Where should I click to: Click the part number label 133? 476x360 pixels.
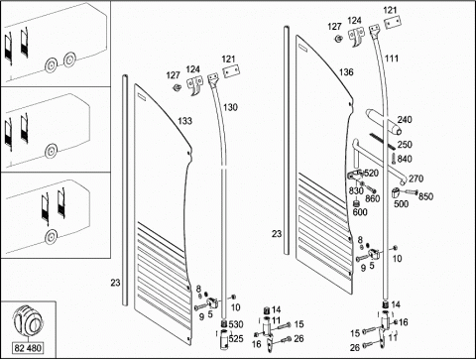tap(184, 121)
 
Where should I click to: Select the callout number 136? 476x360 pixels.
tap(346, 72)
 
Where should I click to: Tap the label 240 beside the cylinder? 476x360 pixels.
tap(405, 119)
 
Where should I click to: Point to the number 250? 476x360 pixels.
tap(405, 145)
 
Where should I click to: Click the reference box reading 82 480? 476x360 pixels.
tap(28, 348)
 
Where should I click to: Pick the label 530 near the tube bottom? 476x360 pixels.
tap(236, 324)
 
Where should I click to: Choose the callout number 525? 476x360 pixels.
tap(236, 338)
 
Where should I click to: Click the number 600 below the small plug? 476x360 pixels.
tap(360, 212)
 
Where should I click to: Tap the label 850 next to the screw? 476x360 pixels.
tap(425, 196)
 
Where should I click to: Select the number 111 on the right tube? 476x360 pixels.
tap(392, 59)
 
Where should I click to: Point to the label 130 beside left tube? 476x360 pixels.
tap(230, 107)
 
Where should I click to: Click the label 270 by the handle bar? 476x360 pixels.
tap(416, 179)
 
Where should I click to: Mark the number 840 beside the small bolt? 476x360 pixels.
tap(405, 159)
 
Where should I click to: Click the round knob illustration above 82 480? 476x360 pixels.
tap(28, 321)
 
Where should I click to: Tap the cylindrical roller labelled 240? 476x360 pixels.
tap(384, 122)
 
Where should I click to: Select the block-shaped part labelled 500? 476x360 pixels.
tap(396, 192)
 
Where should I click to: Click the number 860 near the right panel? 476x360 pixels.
tap(373, 198)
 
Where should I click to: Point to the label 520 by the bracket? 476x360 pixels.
tap(371, 173)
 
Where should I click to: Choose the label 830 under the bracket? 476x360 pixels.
tap(356, 190)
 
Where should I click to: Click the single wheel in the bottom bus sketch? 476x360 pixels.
tap(51, 237)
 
